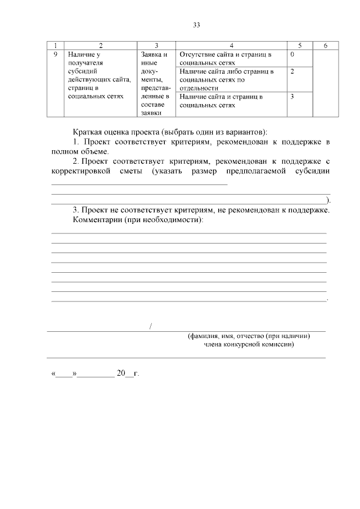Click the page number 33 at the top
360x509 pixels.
[196, 25]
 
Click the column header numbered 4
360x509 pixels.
[231, 45]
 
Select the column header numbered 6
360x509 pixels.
[326, 45]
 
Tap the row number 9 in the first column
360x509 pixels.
[55, 55]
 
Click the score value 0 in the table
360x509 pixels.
[292, 55]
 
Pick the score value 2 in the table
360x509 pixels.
[292, 71]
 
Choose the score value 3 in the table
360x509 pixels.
[292, 97]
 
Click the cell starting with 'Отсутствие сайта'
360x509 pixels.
[226, 58]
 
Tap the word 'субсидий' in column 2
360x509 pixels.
[83, 71]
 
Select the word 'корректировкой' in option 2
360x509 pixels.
[81, 171]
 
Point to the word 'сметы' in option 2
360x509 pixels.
[127, 171]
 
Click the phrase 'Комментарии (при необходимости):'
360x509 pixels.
[138, 219]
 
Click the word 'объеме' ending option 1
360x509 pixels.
[94, 152]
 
